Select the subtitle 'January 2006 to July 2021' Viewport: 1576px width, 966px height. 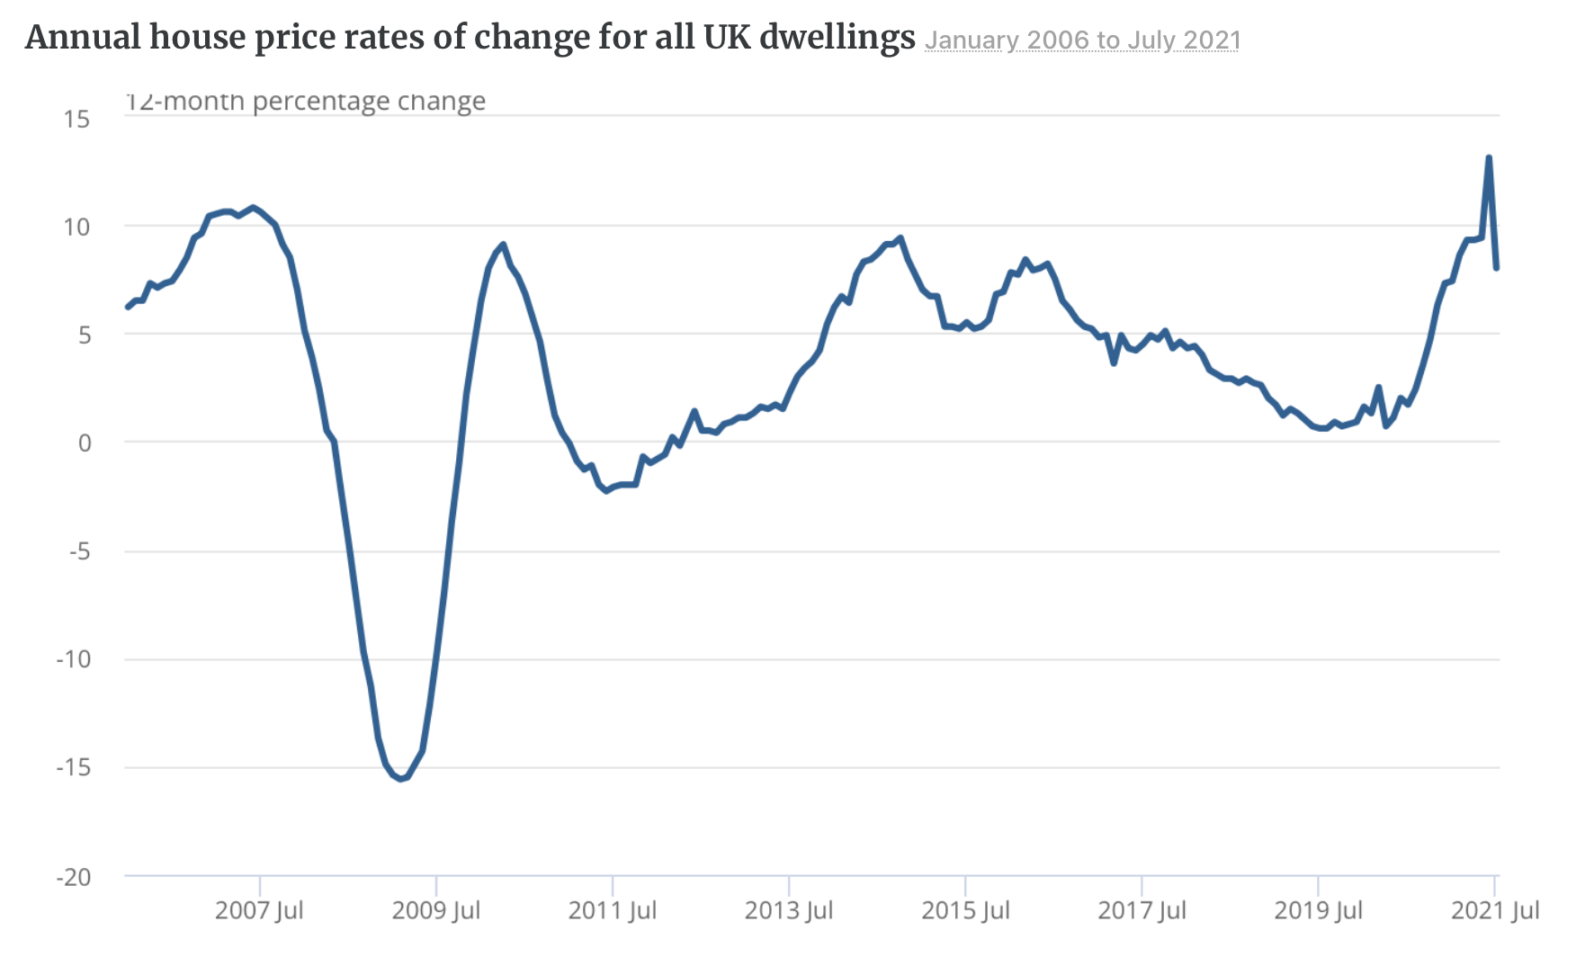[x=1082, y=40]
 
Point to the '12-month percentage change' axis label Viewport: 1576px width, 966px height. [x=306, y=101]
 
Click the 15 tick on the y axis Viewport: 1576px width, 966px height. [x=77, y=119]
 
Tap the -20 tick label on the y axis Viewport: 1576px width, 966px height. [x=74, y=877]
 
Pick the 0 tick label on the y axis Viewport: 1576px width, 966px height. [x=85, y=443]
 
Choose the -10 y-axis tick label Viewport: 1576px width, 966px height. [x=74, y=659]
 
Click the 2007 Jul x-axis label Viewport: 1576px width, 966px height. [x=259, y=910]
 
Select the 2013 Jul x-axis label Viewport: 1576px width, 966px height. [x=789, y=910]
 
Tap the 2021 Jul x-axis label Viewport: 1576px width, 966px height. [x=1495, y=910]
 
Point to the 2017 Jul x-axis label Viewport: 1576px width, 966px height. [x=1142, y=910]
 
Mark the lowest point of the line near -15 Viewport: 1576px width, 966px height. [x=401, y=778]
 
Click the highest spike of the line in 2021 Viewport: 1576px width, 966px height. [x=1489, y=157]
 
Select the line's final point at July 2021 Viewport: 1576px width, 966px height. [x=1497, y=268]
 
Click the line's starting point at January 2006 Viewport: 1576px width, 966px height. [x=127, y=308]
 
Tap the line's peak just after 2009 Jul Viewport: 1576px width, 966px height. [x=503, y=245]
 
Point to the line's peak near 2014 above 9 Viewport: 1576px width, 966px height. [x=900, y=238]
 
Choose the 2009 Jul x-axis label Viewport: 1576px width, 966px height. [x=435, y=910]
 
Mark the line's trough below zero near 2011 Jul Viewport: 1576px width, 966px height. [x=606, y=490]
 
